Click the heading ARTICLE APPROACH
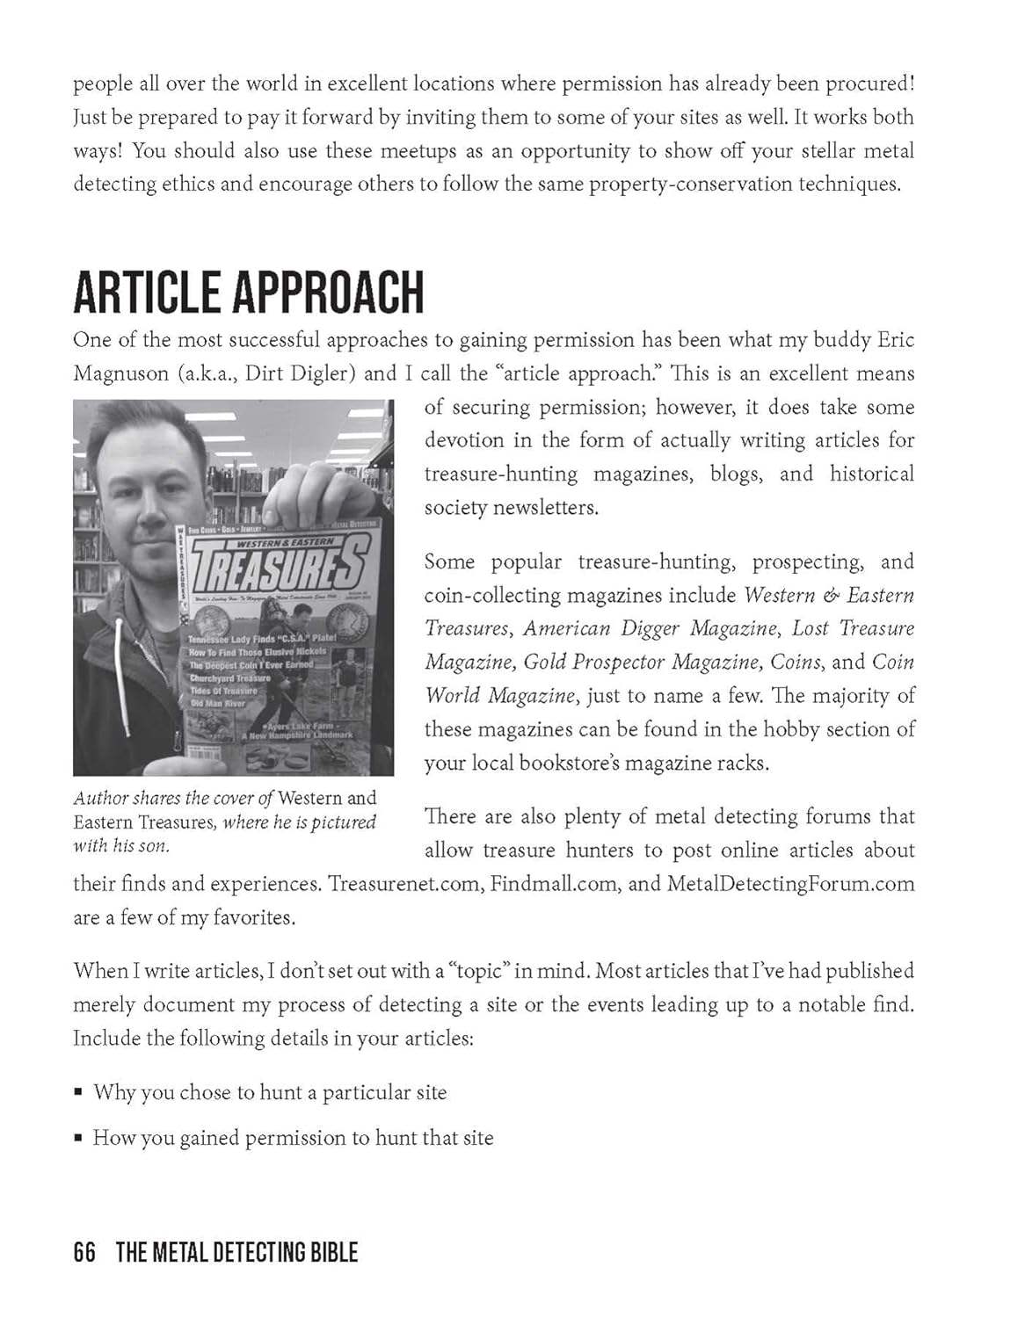(x=248, y=293)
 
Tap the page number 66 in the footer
(x=84, y=1252)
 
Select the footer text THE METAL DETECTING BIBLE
(x=236, y=1252)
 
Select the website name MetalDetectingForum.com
(x=791, y=883)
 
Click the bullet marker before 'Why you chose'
(x=78, y=1093)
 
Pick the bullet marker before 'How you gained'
(x=78, y=1139)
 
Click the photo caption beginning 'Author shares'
(x=225, y=822)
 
